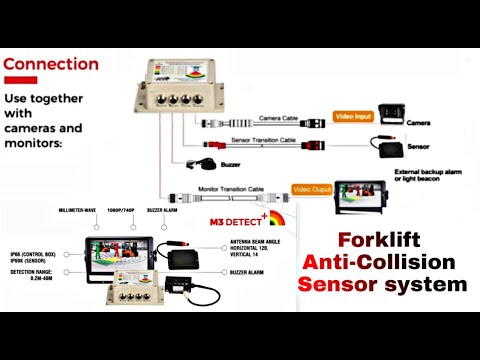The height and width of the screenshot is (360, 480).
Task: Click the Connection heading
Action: pyautogui.click(x=51, y=65)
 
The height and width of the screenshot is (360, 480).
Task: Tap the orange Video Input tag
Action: pyautogui.click(x=354, y=117)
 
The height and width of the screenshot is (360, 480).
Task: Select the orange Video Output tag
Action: pyautogui.click(x=312, y=188)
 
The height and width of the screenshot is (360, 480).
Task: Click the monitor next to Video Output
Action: pyautogui.click(x=362, y=197)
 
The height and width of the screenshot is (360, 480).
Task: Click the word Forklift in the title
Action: pyautogui.click(x=381, y=240)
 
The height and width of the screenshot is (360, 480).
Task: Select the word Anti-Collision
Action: pyautogui.click(x=383, y=262)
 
